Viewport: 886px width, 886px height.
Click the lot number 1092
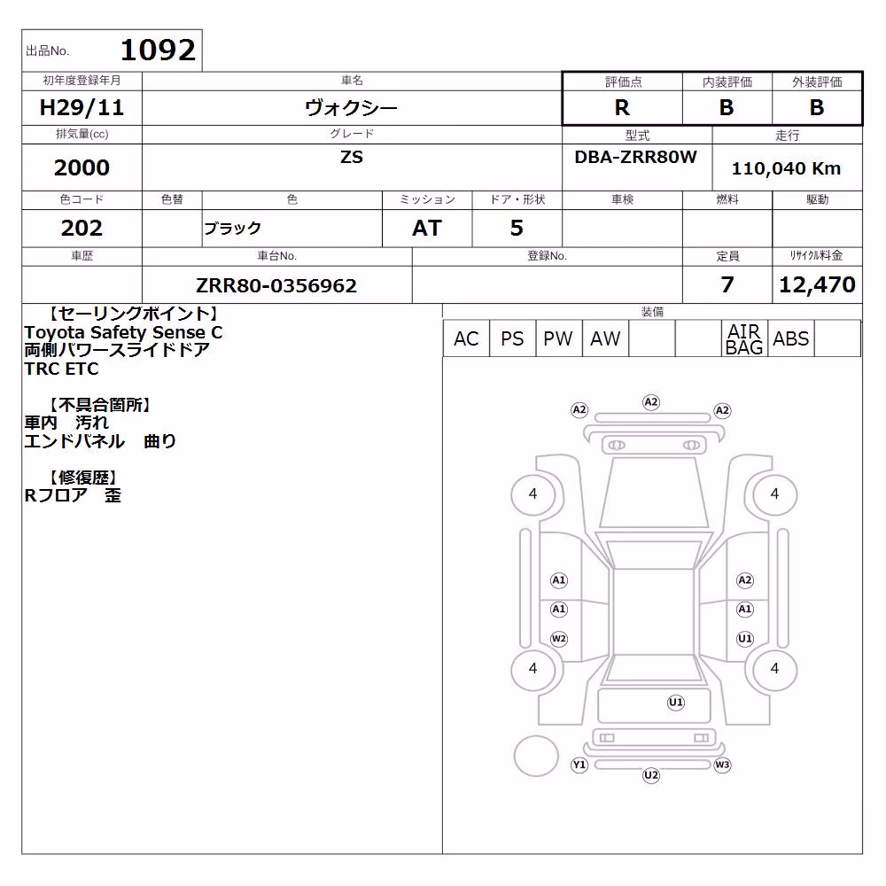(x=159, y=50)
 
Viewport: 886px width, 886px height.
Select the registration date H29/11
(x=82, y=107)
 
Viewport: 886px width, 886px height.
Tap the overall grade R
(x=622, y=107)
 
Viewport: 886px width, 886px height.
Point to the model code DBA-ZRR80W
(x=635, y=157)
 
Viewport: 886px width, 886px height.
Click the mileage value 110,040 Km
(x=786, y=168)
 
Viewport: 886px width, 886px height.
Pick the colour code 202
(x=82, y=228)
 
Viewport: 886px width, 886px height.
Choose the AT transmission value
(x=427, y=228)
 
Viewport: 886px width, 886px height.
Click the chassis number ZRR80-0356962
(x=276, y=285)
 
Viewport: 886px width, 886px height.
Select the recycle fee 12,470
(x=817, y=284)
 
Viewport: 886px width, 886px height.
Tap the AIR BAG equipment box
(x=744, y=338)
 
